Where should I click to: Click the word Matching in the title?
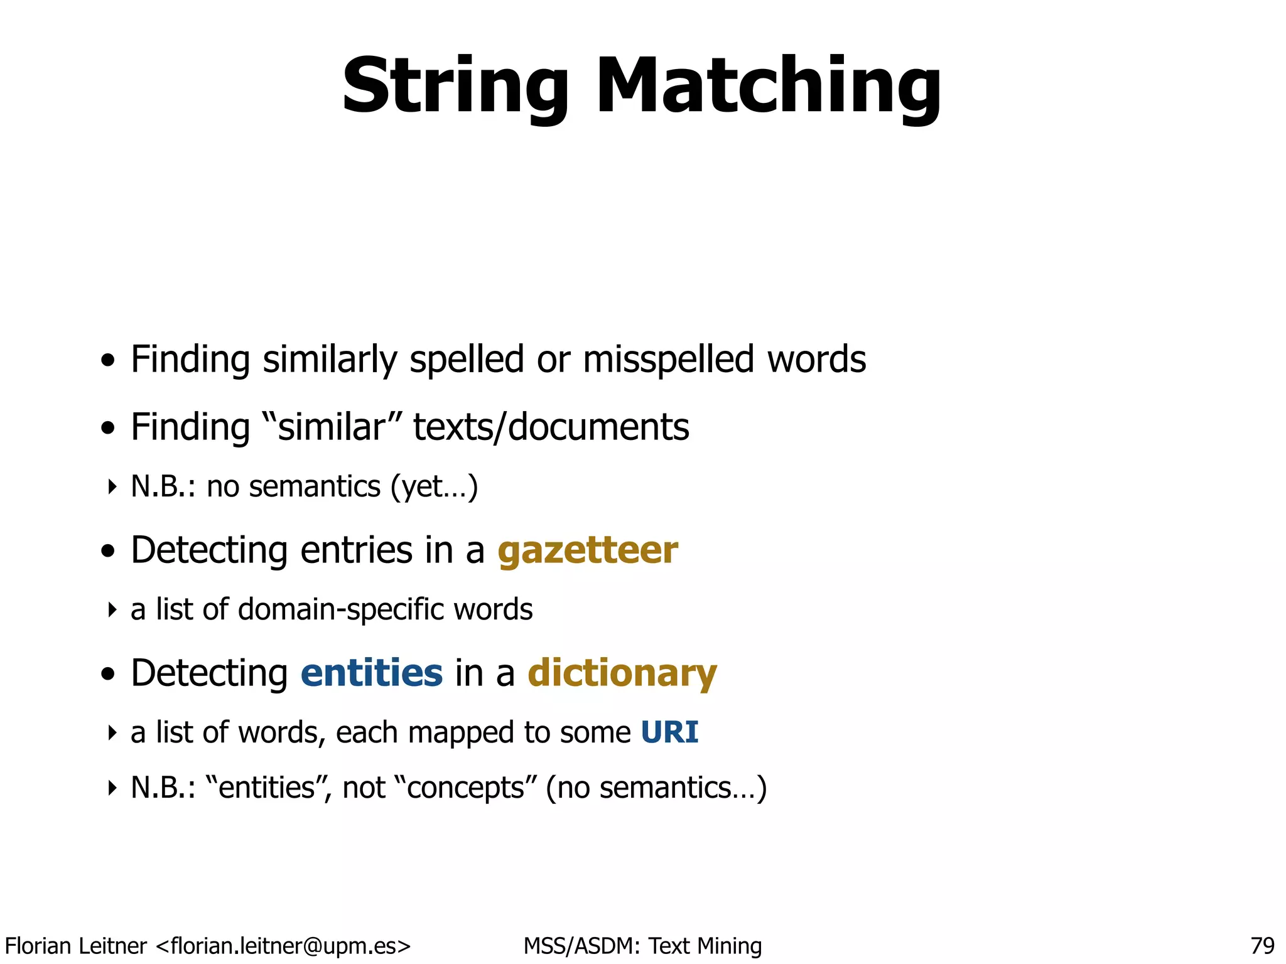pyautogui.click(x=768, y=87)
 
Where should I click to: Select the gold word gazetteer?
pyautogui.click(x=588, y=551)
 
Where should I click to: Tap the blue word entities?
pyautogui.click(x=372, y=674)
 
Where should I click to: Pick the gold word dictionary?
pyautogui.click(x=622, y=674)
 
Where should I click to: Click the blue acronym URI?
pyautogui.click(x=669, y=733)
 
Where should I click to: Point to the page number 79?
pyautogui.click(x=1262, y=945)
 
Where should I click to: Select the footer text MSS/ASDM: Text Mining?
pyautogui.click(x=642, y=945)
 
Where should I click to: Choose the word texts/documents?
pyautogui.click(x=551, y=428)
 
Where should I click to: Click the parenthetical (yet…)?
pyautogui.click(x=434, y=487)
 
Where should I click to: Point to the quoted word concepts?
pyautogui.click(x=466, y=788)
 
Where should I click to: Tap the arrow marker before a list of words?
pyautogui.click(x=112, y=733)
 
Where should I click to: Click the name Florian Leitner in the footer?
pyautogui.click(x=75, y=945)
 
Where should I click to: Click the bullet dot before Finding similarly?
pyautogui.click(x=109, y=361)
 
